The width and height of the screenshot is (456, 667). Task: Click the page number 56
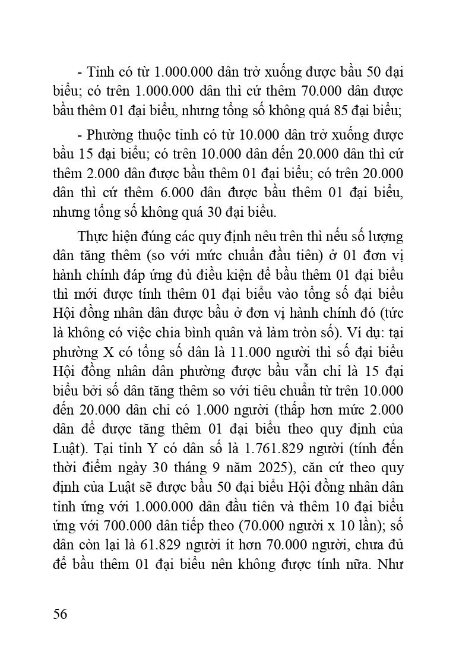point(59,614)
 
